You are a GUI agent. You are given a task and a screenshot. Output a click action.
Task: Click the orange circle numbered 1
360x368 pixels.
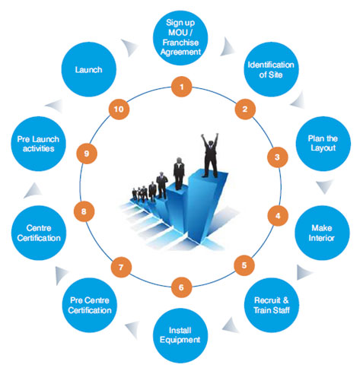181,87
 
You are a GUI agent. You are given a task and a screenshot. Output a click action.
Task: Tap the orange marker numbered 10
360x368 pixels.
119,109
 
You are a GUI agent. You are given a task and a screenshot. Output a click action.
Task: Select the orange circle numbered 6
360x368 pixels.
181,287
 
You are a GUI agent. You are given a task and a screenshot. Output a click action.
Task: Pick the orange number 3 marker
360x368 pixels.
277,157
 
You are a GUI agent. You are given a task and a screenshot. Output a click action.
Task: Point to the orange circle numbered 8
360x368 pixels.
84,211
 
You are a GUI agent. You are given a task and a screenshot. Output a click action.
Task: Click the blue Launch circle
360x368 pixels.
88,69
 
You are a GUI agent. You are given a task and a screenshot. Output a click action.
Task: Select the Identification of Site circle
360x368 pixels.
271,69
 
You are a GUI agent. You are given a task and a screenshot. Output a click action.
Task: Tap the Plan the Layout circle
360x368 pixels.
323,144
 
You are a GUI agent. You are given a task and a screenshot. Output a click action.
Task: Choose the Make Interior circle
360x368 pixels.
322,233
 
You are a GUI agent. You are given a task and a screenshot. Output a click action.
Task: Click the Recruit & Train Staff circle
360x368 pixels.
272,305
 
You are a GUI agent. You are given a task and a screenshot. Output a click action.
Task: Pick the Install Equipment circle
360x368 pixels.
180,335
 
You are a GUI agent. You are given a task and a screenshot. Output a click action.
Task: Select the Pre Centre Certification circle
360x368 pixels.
90,305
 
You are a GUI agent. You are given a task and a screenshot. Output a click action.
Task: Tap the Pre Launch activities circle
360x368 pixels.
38,144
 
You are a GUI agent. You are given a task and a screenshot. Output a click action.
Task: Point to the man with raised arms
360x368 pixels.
210,155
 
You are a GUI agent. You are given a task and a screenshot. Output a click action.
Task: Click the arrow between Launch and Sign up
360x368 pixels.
129,47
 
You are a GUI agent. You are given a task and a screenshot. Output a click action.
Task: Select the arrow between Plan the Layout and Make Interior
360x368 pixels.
325,186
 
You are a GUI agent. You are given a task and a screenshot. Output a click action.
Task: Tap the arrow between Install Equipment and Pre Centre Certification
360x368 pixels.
132,329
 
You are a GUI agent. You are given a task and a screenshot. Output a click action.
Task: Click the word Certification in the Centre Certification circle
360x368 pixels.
39,238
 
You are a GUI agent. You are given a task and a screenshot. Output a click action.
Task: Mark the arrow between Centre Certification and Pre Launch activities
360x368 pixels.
33,191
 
